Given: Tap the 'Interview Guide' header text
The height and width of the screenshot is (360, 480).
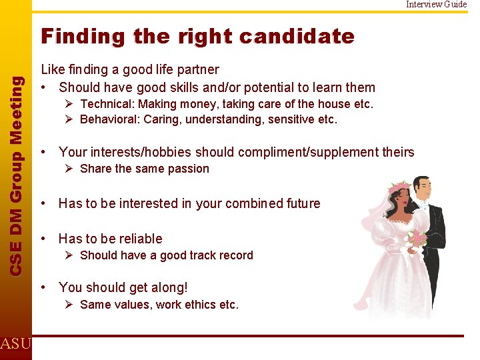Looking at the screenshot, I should coord(437,5).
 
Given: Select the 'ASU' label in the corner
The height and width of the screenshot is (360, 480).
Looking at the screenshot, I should coord(15,344).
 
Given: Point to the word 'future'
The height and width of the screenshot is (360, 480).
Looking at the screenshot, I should coord(301,203).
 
